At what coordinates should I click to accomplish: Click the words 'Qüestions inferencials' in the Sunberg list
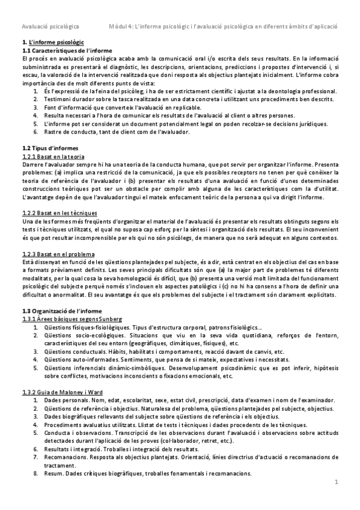(73, 367)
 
